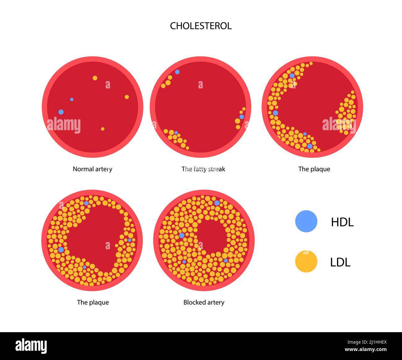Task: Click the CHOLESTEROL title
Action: (x=201, y=26)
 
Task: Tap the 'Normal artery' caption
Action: (x=92, y=169)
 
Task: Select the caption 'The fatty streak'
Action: (x=203, y=169)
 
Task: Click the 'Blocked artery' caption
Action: (x=204, y=302)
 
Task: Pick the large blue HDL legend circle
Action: (x=306, y=221)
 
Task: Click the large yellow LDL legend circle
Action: (x=306, y=262)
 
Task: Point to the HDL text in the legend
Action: (x=342, y=222)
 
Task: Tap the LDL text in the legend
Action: (x=340, y=262)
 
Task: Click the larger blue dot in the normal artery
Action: (x=61, y=112)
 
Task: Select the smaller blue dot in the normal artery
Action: (x=72, y=99)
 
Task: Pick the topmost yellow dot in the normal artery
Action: (x=95, y=78)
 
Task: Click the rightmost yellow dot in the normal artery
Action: (x=127, y=97)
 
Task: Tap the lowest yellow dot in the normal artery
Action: (x=103, y=129)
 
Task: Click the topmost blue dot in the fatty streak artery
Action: (x=177, y=72)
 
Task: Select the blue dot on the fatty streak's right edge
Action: (x=242, y=117)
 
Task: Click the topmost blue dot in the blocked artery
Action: (x=217, y=203)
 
